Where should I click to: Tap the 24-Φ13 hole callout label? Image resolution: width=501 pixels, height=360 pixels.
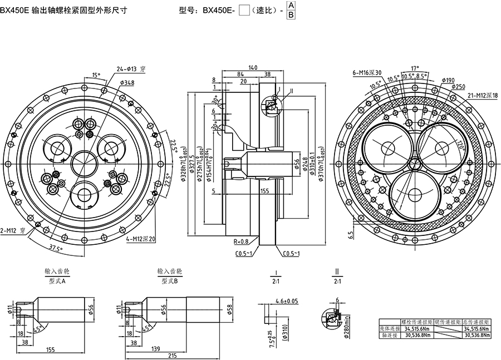(x=130, y=69)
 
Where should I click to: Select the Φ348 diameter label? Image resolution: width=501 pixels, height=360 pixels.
(x=127, y=82)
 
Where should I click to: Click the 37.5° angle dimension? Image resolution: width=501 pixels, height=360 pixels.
(x=55, y=248)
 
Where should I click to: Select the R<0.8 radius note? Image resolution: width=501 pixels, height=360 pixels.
(x=242, y=241)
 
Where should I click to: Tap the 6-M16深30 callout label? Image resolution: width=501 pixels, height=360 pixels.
(x=367, y=72)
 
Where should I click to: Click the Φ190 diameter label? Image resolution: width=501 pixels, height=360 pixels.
(x=448, y=80)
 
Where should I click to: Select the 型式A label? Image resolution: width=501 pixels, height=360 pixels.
(x=57, y=281)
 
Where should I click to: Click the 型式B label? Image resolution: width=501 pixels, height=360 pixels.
(x=169, y=281)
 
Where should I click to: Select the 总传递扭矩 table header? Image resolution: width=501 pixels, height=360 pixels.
(x=479, y=322)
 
